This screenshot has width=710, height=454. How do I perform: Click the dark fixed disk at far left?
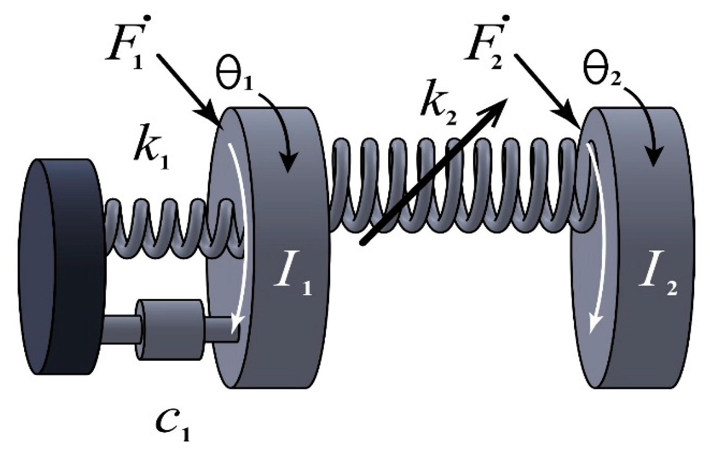pyautogui.click(x=58, y=266)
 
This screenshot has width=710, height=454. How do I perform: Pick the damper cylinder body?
pyautogui.click(x=170, y=329)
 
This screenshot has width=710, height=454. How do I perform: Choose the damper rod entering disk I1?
pyautogui.click(x=222, y=329)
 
